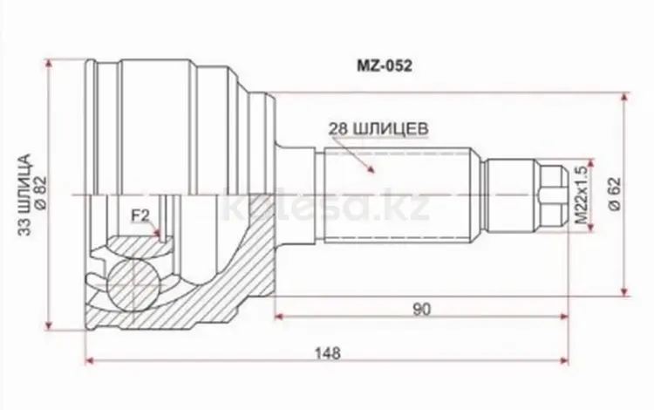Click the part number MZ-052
(x=385, y=66)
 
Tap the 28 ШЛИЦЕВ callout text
(x=378, y=129)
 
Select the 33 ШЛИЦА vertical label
(x=25, y=195)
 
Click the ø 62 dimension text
(x=615, y=195)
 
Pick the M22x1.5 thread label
(x=581, y=195)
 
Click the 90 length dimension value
(x=421, y=309)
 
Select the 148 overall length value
(x=327, y=353)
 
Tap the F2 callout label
(x=140, y=215)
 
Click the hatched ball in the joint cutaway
(x=134, y=284)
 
